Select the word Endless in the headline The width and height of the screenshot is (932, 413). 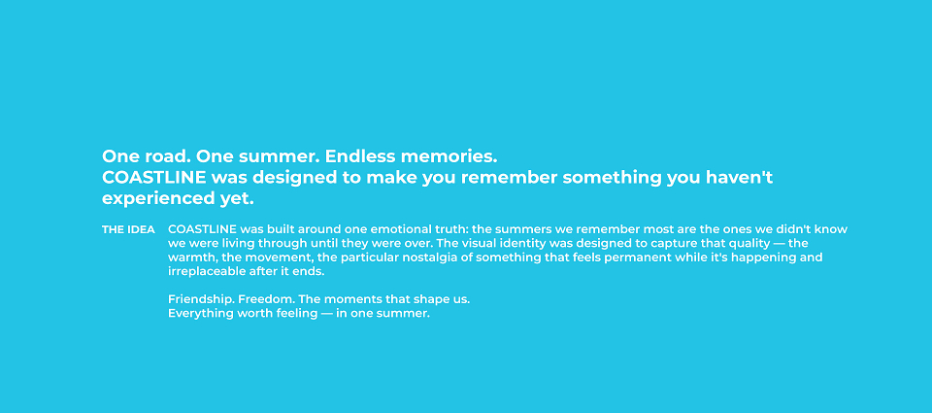click(360, 156)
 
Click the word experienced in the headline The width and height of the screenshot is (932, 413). click(154, 199)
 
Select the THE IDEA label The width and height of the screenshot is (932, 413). click(128, 229)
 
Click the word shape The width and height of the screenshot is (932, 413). click(419, 299)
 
